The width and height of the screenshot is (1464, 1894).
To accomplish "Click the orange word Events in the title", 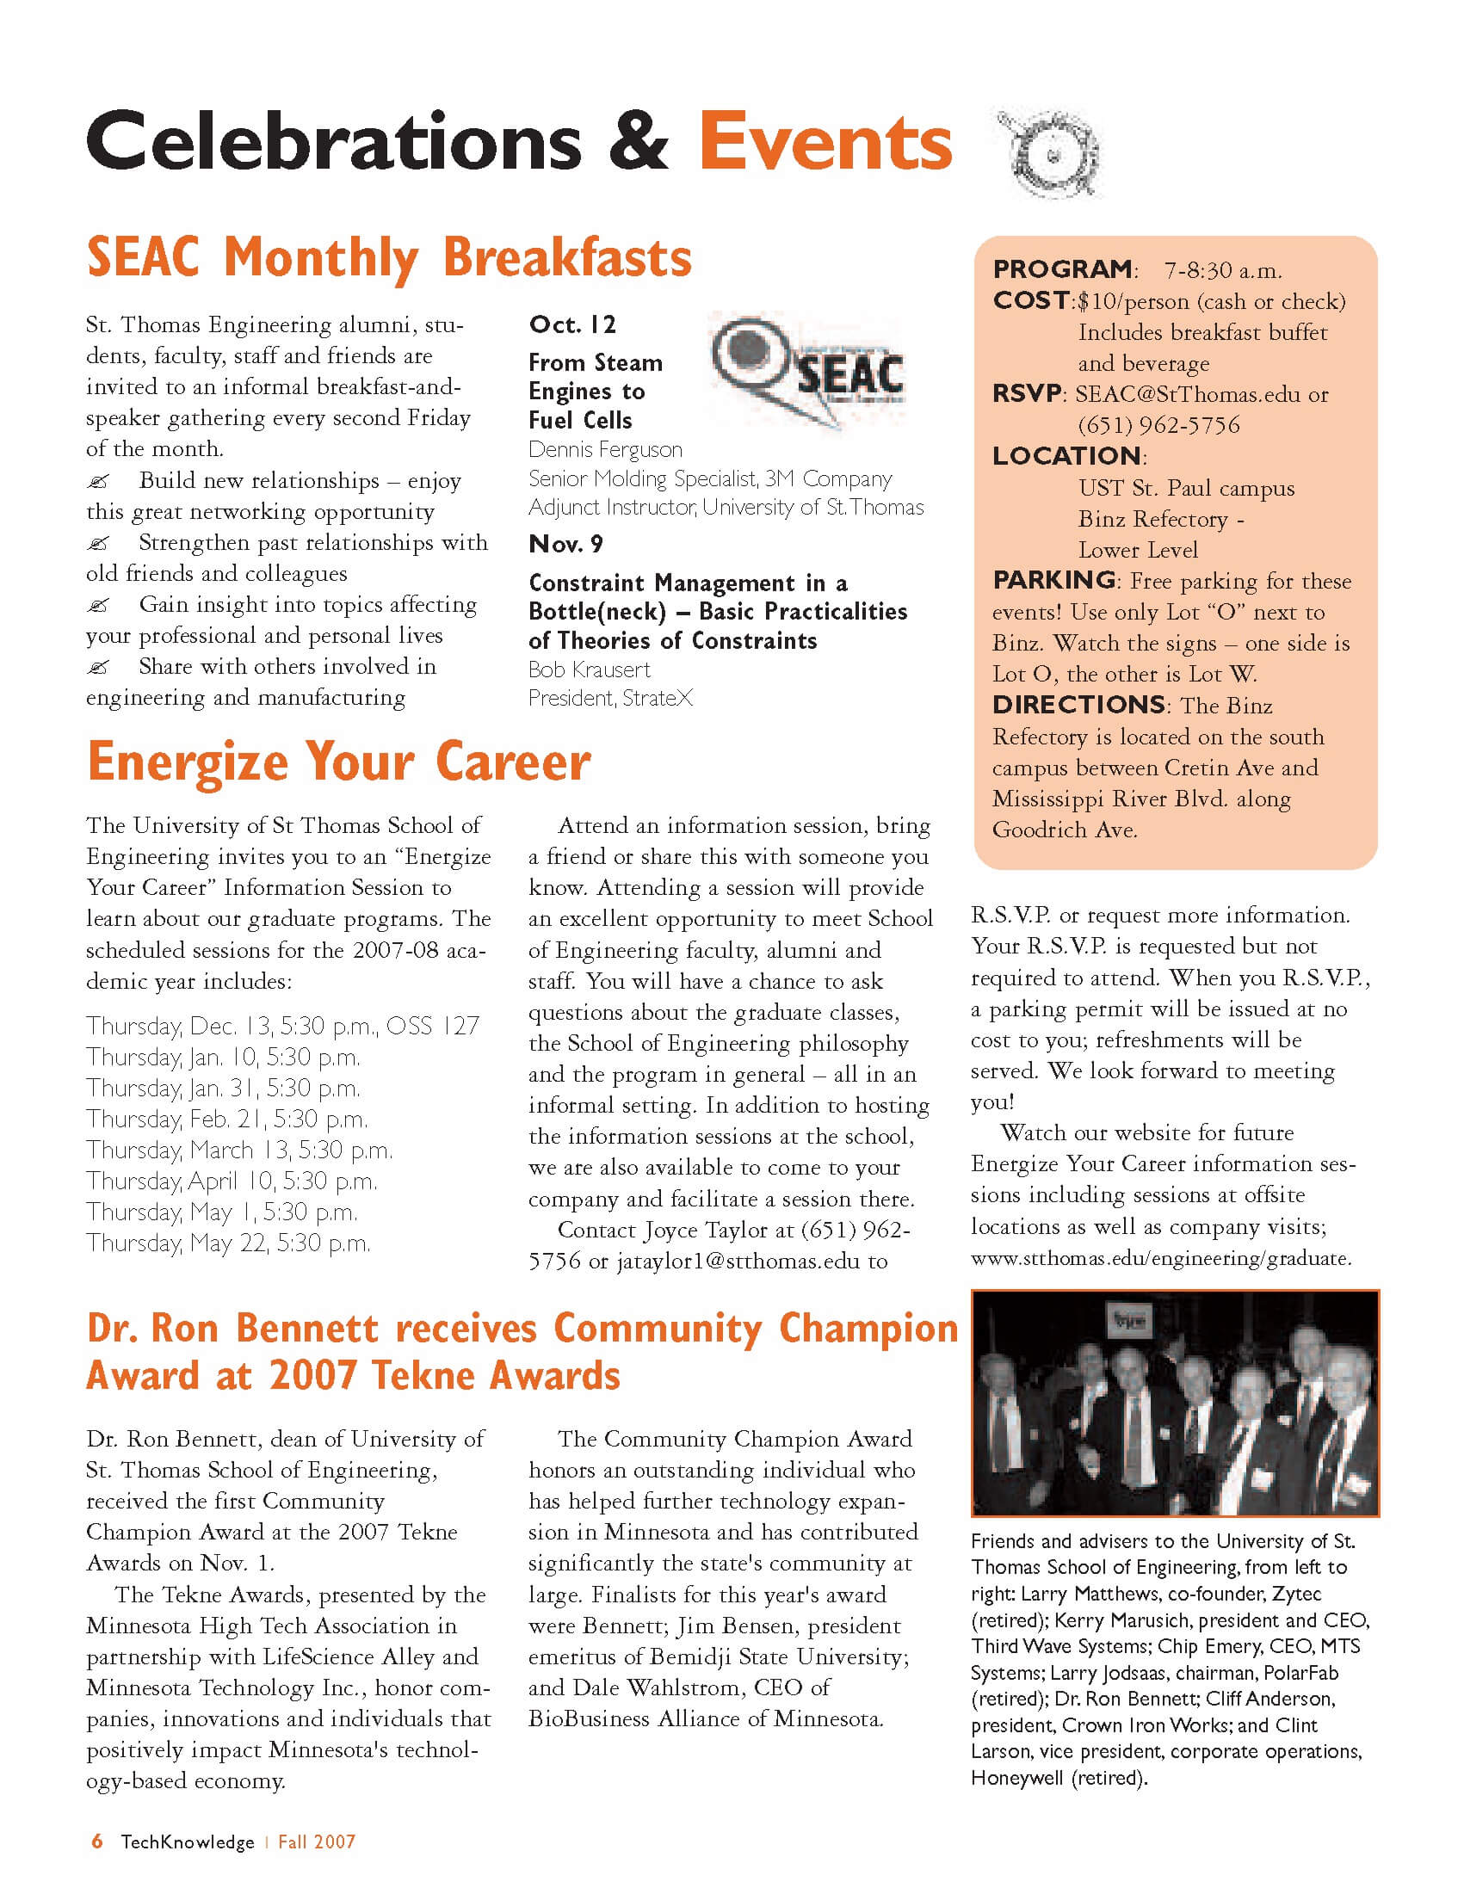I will [825, 142].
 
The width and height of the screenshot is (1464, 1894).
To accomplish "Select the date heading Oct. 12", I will [572, 324].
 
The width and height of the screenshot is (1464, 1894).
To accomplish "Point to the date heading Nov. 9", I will [565, 544].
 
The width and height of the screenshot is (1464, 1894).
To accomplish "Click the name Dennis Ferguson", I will [604, 449].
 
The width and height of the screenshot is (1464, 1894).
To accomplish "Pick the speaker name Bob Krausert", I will [589, 669].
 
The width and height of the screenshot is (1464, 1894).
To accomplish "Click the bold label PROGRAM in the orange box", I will [1061, 268].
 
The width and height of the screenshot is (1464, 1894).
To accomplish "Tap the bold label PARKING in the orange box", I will [1053, 579].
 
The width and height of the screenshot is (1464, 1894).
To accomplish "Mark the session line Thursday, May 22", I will [228, 1243].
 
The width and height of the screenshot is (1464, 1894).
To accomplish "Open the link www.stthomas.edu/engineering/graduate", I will [1160, 1257].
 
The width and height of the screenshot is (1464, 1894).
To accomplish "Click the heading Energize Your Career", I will [338, 762].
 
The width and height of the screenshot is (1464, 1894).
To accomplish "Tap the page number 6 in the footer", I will [97, 1842].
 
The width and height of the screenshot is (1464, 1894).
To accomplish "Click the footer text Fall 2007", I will [317, 1842].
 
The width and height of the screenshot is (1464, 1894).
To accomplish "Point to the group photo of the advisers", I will [1174, 1403].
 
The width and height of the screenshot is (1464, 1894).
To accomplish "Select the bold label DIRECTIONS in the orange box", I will [1078, 704].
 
